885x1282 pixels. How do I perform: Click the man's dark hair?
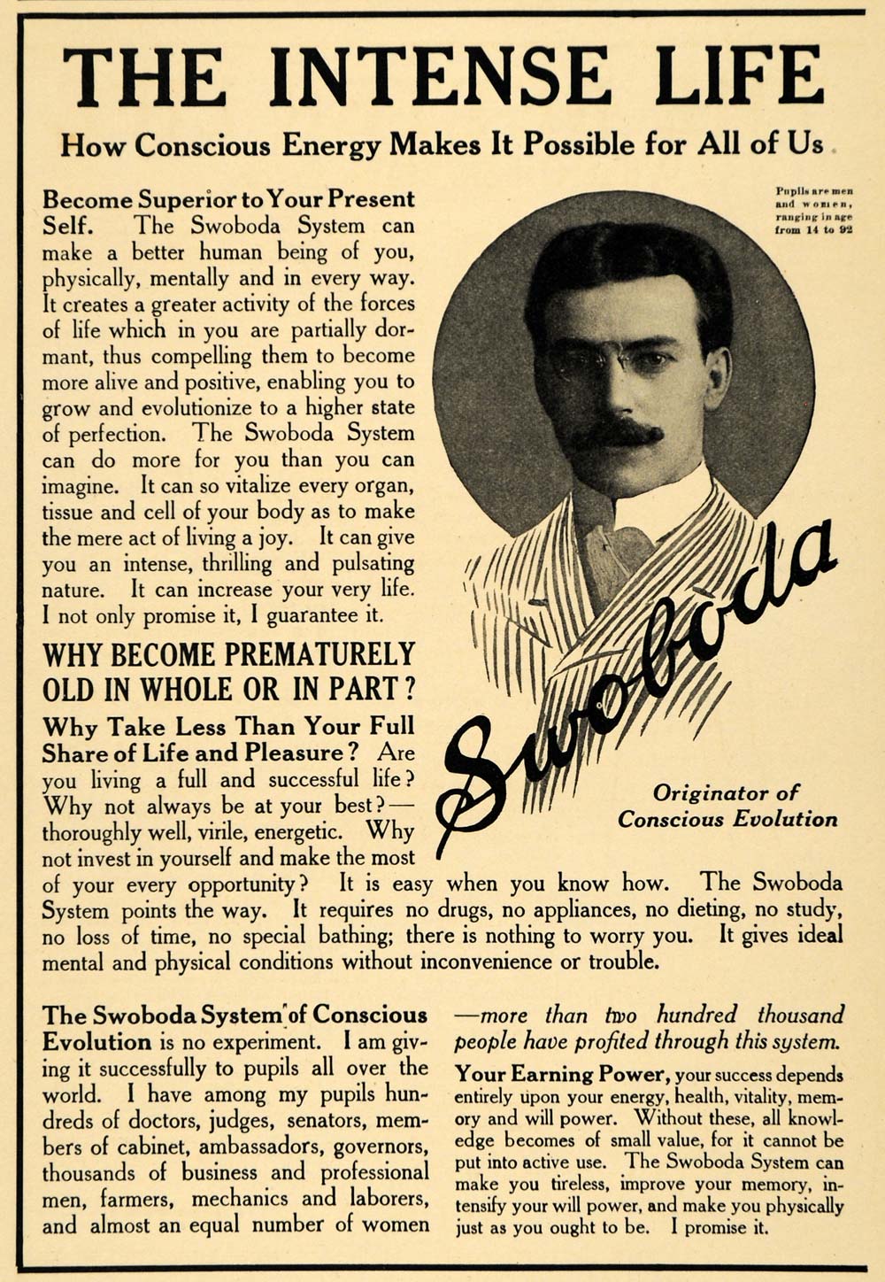(619, 257)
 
